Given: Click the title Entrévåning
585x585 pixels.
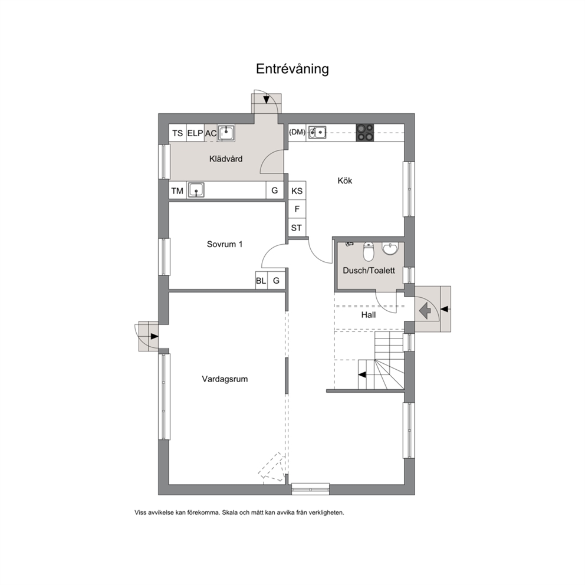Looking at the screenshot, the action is [x=292, y=69].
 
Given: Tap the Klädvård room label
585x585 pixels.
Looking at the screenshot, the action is [x=226, y=159].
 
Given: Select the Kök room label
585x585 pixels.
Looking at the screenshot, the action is [x=345, y=180].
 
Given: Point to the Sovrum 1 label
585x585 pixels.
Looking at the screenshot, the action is [x=225, y=244].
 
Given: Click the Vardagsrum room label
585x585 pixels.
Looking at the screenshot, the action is [x=225, y=379].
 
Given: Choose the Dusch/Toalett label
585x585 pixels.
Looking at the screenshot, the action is [x=369, y=271].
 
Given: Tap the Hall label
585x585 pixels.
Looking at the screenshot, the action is [x=368, y=315].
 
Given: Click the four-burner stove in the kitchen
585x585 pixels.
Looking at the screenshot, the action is [x=365, y=133].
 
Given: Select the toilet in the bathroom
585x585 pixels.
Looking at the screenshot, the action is [x=368, y=251].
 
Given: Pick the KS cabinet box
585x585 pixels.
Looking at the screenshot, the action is [x=297, y=190].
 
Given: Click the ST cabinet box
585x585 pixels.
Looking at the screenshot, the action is [x=297, y=228].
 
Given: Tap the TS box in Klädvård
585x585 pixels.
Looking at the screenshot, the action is [x=178, y=133].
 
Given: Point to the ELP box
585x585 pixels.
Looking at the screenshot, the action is [x=195, y=133].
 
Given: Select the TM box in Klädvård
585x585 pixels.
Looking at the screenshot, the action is [x=178, y=190].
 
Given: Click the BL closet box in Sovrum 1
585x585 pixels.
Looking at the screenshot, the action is [x=261, y=280].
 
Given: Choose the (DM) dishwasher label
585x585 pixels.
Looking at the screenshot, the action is [x=297, y=132].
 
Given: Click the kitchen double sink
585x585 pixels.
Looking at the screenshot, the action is [x=317, y=133].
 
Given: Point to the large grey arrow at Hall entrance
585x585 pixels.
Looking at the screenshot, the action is [x=425, y=310].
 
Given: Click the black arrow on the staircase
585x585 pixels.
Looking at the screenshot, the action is [x=362, y=374].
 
